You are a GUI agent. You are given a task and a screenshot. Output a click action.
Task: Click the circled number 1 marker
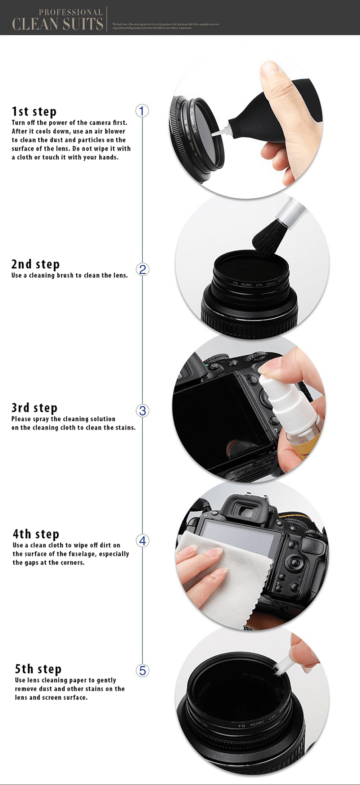142,111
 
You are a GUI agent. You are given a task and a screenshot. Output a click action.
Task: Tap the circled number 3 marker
143,411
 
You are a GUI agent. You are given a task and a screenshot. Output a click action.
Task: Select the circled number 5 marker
143,670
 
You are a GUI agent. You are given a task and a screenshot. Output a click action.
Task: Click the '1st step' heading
34,111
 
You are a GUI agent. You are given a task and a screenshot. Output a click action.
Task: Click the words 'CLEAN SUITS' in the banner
58,24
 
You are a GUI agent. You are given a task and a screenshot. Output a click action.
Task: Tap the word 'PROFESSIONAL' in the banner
71,12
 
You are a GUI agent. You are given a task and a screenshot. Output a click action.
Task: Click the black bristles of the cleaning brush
266,240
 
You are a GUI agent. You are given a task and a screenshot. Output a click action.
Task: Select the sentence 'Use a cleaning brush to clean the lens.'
69,275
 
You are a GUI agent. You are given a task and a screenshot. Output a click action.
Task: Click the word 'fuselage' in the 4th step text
82,554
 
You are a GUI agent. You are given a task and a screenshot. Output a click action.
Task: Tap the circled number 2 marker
143,269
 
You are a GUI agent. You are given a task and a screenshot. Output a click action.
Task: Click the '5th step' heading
38,669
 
